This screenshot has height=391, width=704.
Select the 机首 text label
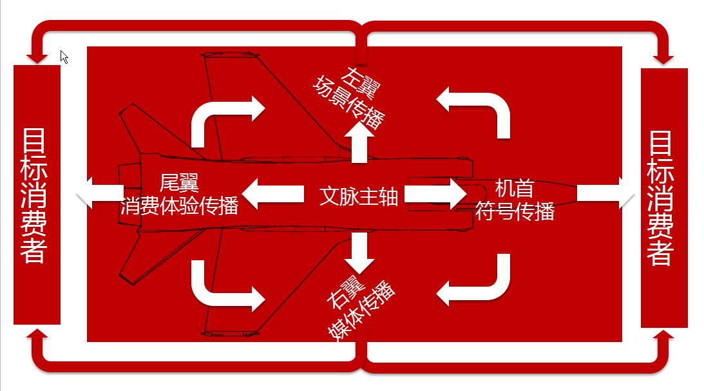[514, 188]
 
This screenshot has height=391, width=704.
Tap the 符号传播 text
[515, 210]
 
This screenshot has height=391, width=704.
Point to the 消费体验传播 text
[180, 205]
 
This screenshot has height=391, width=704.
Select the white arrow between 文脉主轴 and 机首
[435, 194]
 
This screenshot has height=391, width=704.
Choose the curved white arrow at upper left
[225, 116]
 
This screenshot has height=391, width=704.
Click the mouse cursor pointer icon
[64, 57]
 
